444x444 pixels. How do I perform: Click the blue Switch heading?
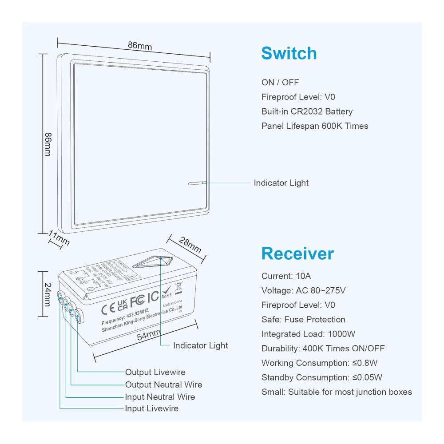289,53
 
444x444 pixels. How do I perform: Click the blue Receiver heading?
297,254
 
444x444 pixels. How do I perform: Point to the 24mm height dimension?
47,294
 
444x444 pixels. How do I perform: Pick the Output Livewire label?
155,372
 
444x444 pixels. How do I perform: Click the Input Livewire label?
151,408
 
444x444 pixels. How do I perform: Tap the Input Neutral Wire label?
160,396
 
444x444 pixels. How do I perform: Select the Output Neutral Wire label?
163,385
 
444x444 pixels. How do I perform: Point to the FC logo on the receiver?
138,299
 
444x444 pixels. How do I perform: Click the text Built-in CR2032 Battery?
307,111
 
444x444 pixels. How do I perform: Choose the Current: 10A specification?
286,276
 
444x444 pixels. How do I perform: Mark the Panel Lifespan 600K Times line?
315,126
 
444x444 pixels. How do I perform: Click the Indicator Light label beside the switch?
281,183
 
